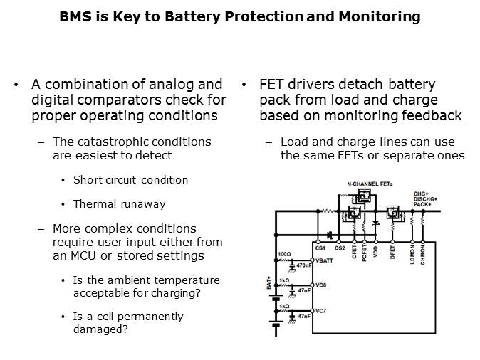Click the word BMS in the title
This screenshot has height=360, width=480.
[76, 16]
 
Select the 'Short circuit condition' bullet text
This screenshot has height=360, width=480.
[130, 180]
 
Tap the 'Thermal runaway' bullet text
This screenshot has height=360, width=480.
[119, 204]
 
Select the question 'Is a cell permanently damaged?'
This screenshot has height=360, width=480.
[128, 323]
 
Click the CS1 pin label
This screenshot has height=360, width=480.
[320, 248]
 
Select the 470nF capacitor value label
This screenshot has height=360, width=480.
[304, 266]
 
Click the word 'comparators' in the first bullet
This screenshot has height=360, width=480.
[110, 100]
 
